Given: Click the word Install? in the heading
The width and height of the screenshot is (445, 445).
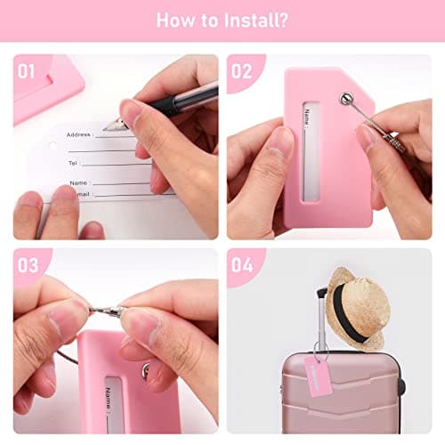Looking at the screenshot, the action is click(x=255, y=20).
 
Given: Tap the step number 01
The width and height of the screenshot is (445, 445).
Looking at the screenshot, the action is click(x=26, y=71).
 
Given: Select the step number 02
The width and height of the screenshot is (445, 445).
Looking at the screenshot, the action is click(x=241, y=71).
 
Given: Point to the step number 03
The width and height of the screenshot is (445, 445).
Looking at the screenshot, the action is click(x=28, y=264).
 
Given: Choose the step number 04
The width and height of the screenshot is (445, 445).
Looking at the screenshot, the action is click(x=242, y=264).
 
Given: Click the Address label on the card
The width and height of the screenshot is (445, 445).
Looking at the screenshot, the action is click(x=78, y=134).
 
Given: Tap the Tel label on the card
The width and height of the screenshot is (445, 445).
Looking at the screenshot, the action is click(x=73, y=163).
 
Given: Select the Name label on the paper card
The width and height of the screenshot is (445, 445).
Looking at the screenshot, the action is click(x=78, y=182).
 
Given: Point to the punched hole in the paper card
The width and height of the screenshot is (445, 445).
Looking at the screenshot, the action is click(x=53, y=146).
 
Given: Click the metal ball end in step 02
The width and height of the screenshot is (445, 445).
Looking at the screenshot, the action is click(x=346, y=98).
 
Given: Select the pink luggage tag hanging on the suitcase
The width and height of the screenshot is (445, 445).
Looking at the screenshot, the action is click(x=319, y=376).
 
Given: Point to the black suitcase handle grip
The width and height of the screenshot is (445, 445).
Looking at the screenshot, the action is click(x=322, y=292).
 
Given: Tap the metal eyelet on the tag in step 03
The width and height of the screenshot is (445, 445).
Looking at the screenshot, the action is click(x=145, y=371).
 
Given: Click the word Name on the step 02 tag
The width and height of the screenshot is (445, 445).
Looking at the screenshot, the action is click(x=307, y=117).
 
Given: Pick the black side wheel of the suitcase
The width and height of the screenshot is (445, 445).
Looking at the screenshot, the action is click(x=401, y=385).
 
